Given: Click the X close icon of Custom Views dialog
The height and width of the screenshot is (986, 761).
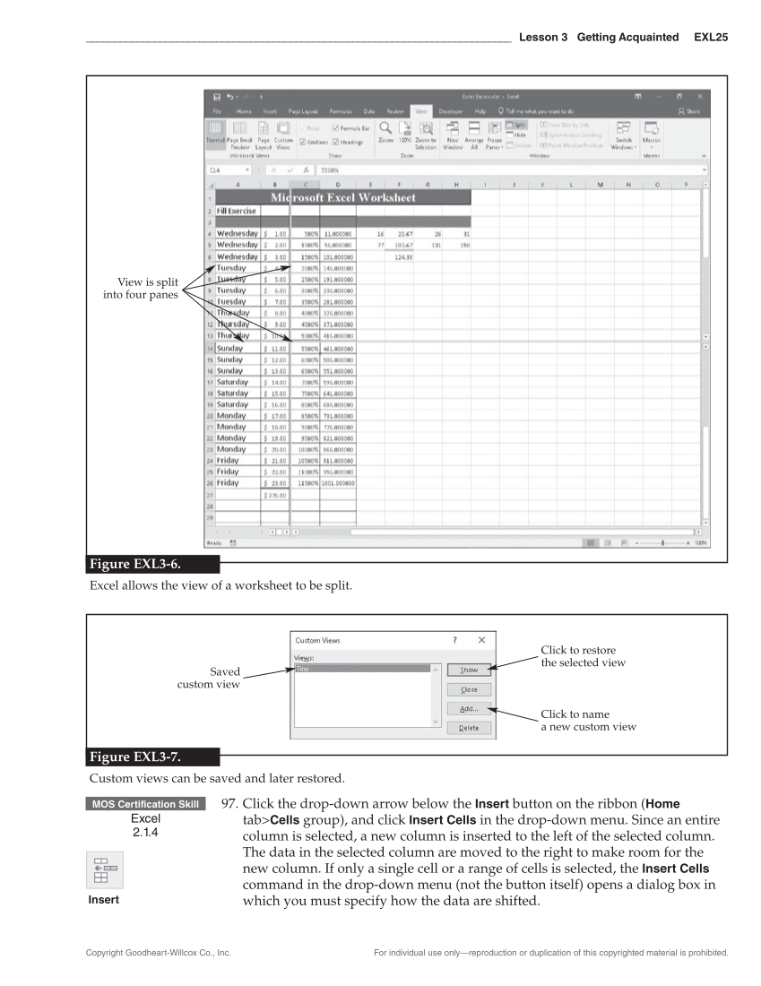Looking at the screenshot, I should click(481, 640).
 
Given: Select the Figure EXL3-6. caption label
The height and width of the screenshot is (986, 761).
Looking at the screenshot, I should click(141, 565).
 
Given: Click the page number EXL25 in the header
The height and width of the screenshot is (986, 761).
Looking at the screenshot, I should click(711, 38).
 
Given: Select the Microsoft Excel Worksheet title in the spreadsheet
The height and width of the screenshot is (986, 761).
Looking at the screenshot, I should click(343, 197).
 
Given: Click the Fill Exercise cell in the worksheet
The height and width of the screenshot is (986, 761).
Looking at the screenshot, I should click(234, 211).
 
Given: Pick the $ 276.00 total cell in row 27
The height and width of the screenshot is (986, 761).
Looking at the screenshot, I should click(275, 494).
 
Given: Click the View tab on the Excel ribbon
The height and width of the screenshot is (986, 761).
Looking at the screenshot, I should click(423, 110).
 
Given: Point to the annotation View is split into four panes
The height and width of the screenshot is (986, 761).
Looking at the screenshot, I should click(143, 289).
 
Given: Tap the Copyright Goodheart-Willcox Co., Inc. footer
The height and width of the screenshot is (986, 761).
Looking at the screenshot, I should click(159, 953).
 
